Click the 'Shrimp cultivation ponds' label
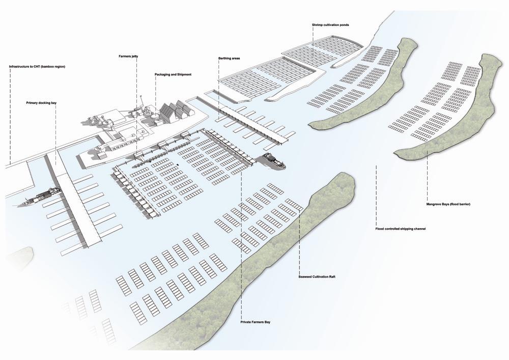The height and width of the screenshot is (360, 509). tap(330, 25)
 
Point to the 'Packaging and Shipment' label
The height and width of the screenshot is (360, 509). tap(173, 75)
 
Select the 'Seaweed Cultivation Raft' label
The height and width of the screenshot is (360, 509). tap(316, 276)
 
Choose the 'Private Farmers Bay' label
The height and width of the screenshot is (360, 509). tap(256, 322)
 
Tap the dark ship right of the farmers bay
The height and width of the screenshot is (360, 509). tap(274, 160)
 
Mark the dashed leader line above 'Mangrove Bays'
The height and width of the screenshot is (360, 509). tap(427, 178)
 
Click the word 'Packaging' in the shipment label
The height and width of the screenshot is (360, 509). tap(162, 75)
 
